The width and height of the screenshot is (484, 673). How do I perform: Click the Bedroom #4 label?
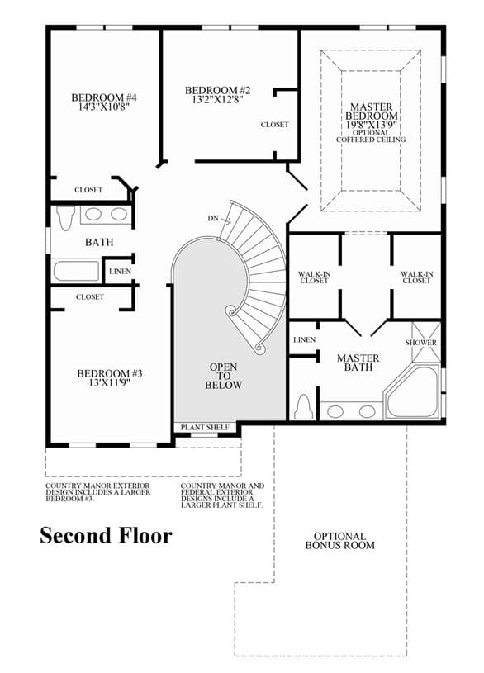104,97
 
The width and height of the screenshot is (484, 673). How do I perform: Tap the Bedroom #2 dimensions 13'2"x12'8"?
218,100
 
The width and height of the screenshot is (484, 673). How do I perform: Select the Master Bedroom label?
372,111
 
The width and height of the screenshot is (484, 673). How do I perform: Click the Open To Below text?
223,376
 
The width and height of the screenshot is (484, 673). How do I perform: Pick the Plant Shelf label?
205,428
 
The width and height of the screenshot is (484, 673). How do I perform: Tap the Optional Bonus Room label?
339,541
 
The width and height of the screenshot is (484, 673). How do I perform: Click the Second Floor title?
106,536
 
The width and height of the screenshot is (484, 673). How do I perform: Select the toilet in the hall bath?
66,218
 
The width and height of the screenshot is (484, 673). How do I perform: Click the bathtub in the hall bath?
77,271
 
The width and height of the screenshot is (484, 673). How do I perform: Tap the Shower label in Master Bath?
421,343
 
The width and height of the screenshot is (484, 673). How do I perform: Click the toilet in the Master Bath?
304,407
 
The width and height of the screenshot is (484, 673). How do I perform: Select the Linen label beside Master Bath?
305,339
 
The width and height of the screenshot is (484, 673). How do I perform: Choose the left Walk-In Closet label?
314,277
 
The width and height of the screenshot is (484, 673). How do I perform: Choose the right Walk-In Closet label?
417,277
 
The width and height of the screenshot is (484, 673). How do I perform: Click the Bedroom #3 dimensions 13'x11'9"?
110,383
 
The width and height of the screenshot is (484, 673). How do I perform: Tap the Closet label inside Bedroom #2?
275,125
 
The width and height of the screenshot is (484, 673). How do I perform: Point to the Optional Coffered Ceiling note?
371,136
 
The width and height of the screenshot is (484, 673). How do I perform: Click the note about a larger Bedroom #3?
98,492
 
